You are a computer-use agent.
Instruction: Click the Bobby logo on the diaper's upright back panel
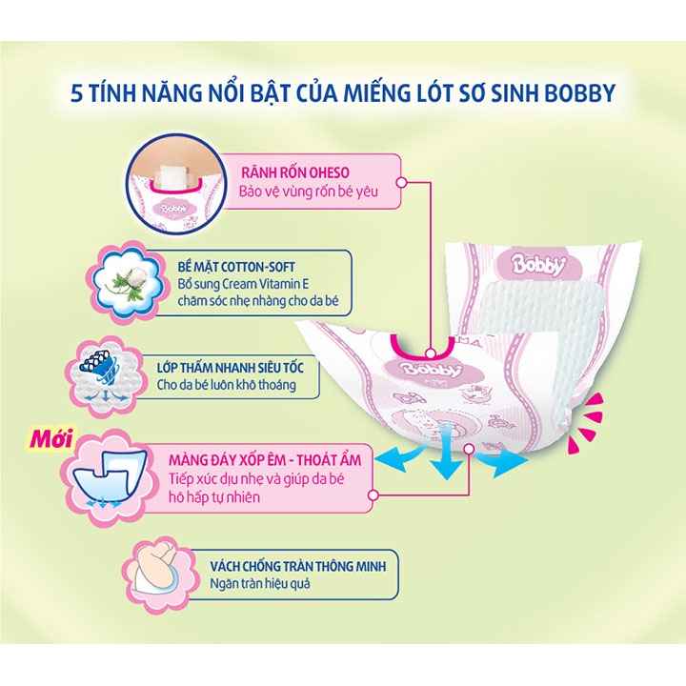520,263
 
